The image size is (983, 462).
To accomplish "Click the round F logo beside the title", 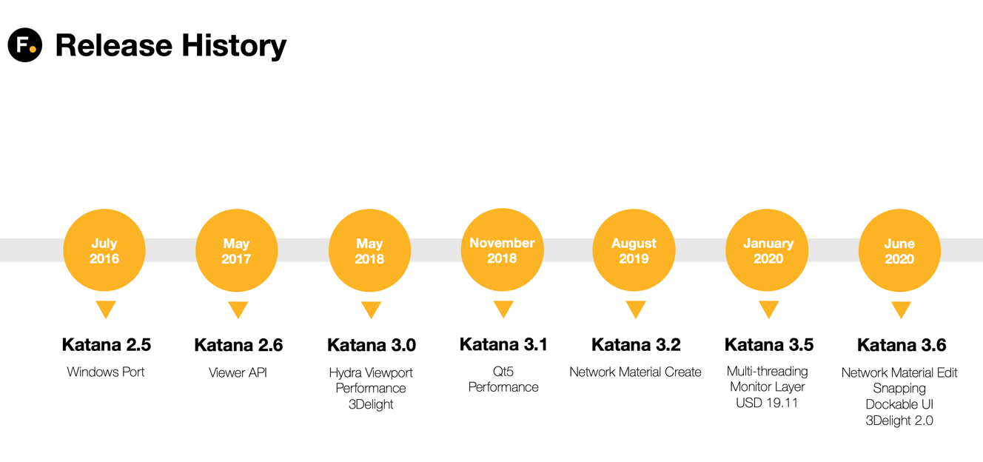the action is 25,44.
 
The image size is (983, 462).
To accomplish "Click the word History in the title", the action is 234,46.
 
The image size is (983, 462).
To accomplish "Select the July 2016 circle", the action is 104,250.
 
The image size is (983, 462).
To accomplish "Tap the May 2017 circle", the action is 237,250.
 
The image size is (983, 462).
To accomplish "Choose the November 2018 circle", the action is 503,250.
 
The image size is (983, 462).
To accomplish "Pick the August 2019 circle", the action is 634,250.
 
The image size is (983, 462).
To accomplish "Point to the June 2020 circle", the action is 899,250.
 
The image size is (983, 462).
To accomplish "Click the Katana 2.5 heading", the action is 106,345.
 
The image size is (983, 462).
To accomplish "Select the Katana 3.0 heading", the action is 372,345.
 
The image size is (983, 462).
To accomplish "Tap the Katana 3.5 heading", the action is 769,345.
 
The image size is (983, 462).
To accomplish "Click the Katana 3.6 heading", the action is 902,345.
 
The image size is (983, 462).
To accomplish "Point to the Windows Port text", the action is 106,372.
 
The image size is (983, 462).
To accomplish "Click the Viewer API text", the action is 238,372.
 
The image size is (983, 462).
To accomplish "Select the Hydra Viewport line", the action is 371,373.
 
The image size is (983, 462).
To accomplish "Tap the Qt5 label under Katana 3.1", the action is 503,372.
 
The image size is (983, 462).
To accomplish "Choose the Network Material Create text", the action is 635,372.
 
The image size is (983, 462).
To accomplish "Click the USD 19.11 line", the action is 767,403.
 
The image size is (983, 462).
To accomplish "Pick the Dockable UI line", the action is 899,404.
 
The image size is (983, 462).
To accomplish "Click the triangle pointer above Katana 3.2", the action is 635,309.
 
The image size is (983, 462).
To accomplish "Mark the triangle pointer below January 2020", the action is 769,309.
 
